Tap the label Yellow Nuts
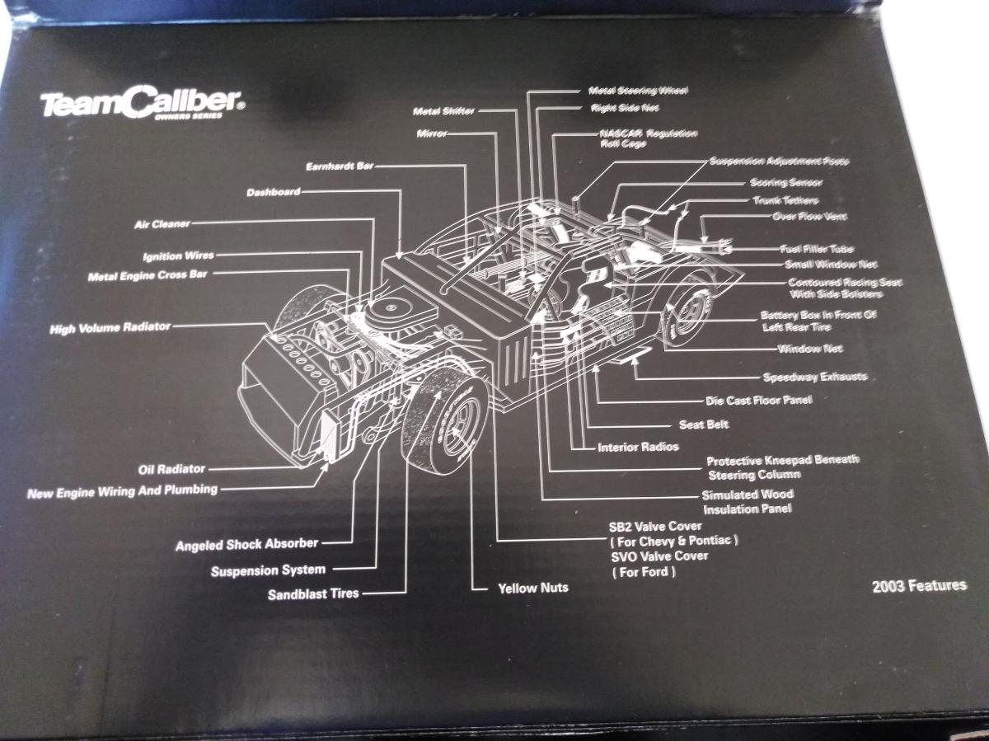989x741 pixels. point(532,589)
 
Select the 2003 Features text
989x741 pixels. point(919,586)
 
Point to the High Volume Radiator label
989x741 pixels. point(110,328)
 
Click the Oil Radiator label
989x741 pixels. point(171,470)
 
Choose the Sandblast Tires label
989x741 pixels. point(313,593)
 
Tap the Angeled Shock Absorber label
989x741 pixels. point(246,545)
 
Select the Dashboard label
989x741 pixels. point(273,193)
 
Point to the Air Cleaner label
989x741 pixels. point(162,223)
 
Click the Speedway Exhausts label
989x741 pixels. point(814,378)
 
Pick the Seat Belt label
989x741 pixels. point(703,425)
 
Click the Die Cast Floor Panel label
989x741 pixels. point(758,401)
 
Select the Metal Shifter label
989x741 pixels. point(443,110)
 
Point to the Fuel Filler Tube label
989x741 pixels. point(816,249)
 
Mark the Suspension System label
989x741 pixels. point(268,570)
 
